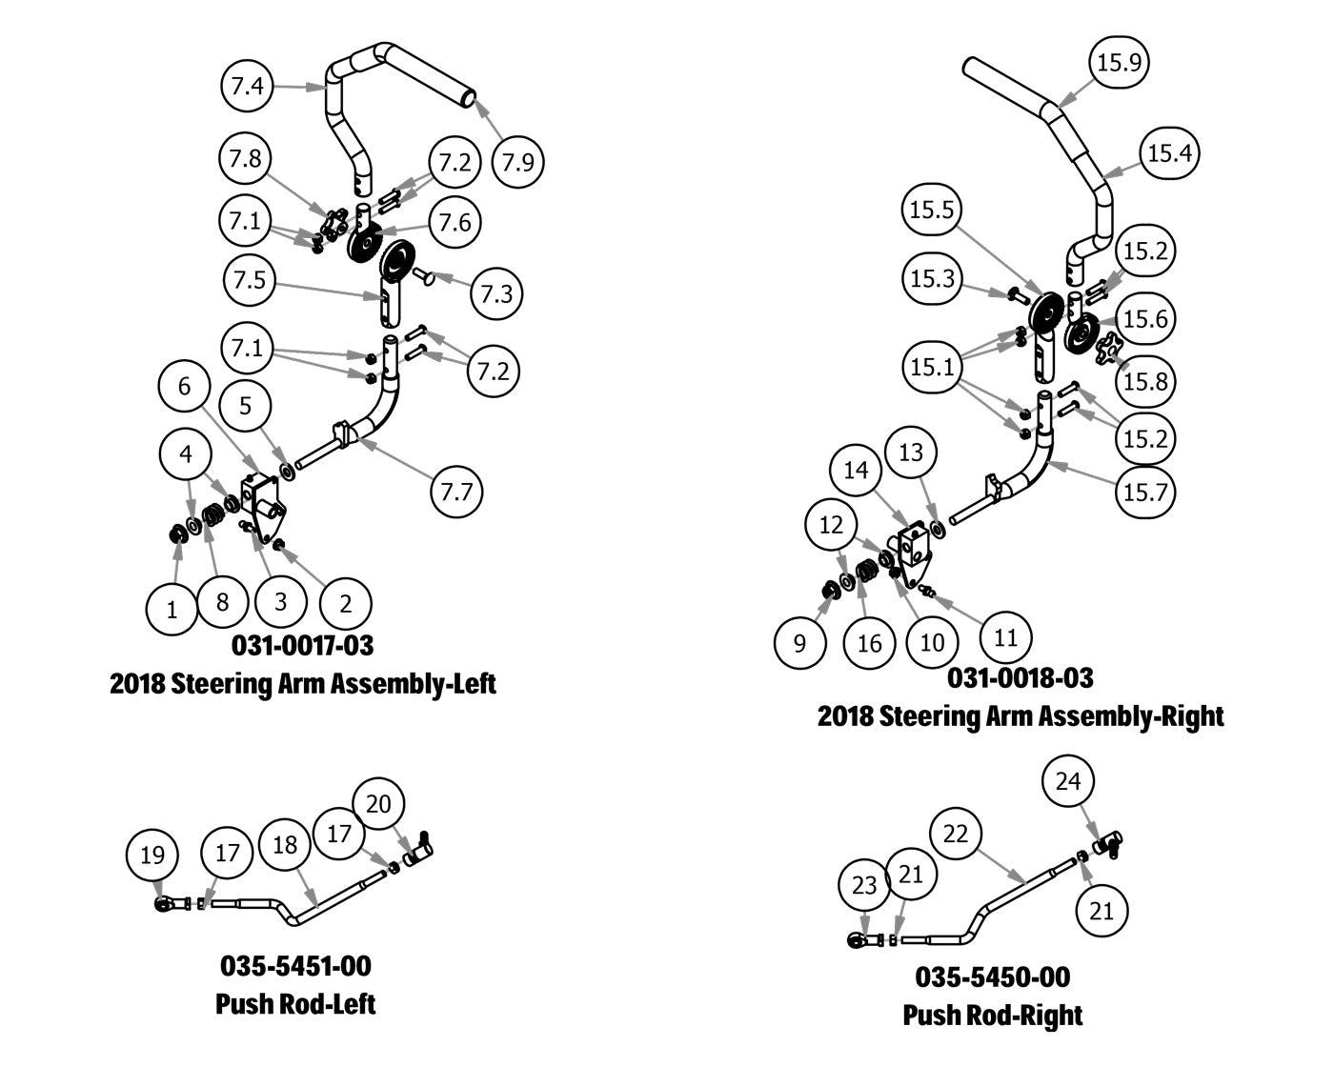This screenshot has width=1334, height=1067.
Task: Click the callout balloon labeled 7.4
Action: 247,87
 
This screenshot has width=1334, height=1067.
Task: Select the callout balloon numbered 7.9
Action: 518,162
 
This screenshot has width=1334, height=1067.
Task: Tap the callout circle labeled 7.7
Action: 456,493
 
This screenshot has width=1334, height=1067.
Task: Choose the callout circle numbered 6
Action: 185,386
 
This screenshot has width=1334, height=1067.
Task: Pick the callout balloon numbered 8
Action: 222,602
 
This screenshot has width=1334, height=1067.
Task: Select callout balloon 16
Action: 869,643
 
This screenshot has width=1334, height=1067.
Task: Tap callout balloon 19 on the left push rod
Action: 152,855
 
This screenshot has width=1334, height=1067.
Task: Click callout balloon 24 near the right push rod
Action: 1069,781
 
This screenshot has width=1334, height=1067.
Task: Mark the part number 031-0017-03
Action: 303,645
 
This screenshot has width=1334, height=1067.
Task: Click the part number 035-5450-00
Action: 992,976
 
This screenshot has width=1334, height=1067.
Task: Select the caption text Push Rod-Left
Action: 295,1003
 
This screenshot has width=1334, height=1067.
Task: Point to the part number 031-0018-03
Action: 1020,677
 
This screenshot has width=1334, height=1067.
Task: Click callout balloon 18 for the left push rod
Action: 285,844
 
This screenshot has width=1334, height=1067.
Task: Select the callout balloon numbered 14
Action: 856,470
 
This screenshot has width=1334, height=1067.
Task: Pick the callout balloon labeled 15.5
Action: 932,210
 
